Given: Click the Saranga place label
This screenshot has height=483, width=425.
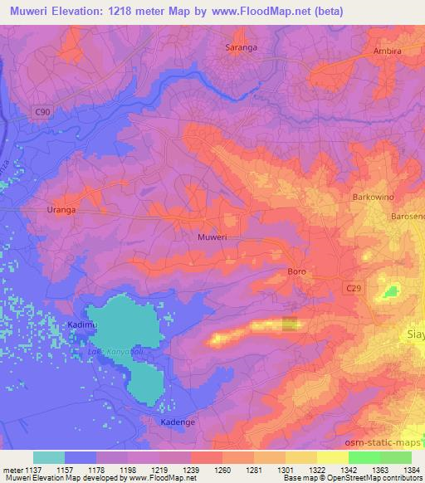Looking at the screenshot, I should pos(242,47).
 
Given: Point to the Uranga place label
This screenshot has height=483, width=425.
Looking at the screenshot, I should pos(61,210).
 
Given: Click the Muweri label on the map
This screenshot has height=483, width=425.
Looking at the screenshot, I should pos(212,237).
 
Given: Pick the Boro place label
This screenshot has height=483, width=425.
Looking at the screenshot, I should pos(297,271).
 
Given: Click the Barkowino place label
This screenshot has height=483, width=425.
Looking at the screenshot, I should pos(372,198).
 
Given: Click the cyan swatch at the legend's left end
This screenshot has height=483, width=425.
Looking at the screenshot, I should pos(49,456).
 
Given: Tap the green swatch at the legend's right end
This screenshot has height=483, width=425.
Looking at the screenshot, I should pos(395,456).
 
